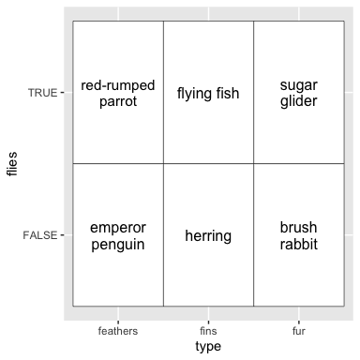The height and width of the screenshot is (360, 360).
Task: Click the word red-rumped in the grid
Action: coord(118,85)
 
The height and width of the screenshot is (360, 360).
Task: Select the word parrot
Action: coord(118,101)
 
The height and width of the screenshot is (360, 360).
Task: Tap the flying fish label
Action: coord(208,94)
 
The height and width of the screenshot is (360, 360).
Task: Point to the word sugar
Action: coord(299,85)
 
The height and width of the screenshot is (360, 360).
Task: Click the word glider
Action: coord(299,101)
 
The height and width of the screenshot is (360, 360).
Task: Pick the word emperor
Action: coord(118,228)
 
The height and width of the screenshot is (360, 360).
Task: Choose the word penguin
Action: coord(118,244)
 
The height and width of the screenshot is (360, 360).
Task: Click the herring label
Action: coord(208,236)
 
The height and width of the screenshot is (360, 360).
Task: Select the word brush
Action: coord(298,227)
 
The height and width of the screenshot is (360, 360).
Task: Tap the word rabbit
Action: coord(299,244)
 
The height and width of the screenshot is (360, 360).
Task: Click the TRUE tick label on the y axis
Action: coord(43,93)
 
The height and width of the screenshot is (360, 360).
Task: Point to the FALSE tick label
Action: coord(40,235)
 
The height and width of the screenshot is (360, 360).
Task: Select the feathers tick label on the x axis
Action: coord(118,331)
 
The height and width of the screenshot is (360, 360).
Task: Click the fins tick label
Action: coord(208,331)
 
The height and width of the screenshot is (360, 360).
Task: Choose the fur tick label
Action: coord(299,331)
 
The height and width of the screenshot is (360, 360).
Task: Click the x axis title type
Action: coord(208,347)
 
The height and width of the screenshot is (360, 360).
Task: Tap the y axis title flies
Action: coord(12,164)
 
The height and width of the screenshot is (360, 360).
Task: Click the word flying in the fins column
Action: coord(193,94)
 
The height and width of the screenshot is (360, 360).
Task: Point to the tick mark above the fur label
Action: coord(299,322)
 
